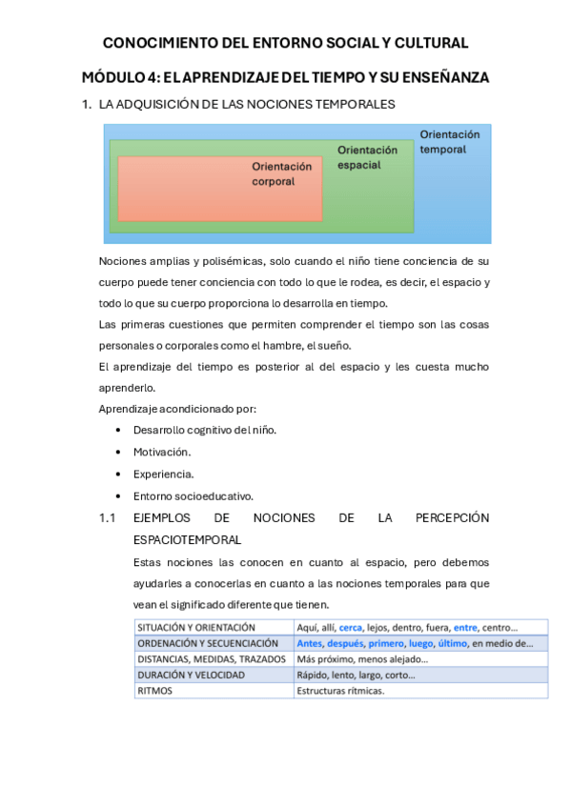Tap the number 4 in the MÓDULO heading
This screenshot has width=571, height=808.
(x=148, y=77)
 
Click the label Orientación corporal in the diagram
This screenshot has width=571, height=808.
(x=281, y=173)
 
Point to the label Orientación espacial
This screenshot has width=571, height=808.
(x=367, y=157)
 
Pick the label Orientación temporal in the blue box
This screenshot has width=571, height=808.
(x=449, y=142)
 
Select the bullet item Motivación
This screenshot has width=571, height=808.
(x=162, y=452)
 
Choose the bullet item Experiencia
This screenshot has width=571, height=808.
(x=163, y=474)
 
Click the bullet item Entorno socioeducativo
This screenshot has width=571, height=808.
(x=193, y=495)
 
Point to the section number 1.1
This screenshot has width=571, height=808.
(x=107, y=517)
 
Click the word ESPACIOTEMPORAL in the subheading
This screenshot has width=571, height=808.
(x=187, y=539)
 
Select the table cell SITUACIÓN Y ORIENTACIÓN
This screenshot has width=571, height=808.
(x=196, y=628)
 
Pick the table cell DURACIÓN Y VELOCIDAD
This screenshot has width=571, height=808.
(x=191, y=675)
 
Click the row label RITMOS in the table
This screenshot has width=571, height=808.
(x=155, y=691)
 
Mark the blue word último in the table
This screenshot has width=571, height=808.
(x=452, y=643)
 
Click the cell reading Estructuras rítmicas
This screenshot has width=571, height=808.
(x=340, y=691)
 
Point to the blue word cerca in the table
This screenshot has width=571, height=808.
(x=351, y=628)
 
